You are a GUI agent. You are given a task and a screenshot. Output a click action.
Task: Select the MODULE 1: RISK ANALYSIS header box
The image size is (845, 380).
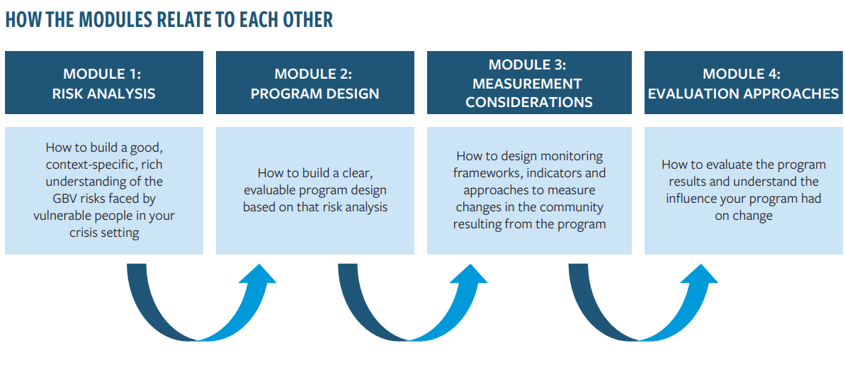click(104, 82)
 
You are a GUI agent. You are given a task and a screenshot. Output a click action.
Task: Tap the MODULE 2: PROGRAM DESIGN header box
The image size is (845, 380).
click(315, 82)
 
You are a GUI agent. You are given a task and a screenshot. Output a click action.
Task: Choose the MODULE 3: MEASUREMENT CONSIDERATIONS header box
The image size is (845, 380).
click(529, 82)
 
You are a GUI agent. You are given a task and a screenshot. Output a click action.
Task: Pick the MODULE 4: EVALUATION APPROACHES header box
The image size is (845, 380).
click(744, 82)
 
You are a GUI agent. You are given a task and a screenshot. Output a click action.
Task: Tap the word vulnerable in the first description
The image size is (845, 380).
click(57, 216)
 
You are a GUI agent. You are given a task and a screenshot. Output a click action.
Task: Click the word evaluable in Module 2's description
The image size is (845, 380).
click(271, 191)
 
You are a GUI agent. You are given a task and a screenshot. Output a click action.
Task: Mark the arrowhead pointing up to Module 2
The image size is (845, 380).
click(258, 275)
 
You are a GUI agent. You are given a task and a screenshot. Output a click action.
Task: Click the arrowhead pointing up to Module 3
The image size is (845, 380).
click(469, 275)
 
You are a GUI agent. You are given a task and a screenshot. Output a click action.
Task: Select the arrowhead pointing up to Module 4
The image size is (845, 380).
click(699, 275)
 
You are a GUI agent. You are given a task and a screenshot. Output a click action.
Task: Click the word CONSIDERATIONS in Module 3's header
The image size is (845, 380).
click(529, 102)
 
